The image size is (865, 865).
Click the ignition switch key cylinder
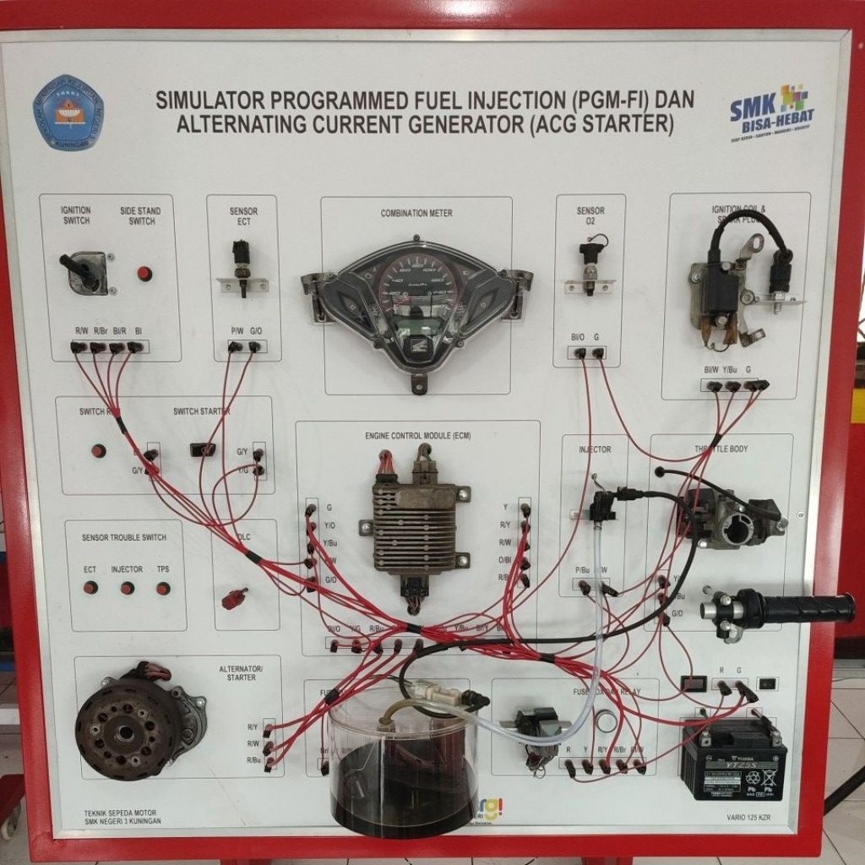pyautogui.click(x=86, y=272)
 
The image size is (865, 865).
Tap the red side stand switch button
pyautogui.click(x=144, y=274)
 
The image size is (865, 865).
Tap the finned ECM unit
pyautogui.click(x=413, y=529)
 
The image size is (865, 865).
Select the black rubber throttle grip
pyautogui.click(x=802, y=609)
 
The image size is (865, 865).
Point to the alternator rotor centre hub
pyautogui.click(x=126, y=729)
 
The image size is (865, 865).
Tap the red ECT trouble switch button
pyautogui.click(x=90, y=588)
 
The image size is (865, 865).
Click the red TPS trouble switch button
pyautogui.click(x=163, y=588)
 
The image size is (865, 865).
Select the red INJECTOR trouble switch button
pyautogui.click(x=127, y=588)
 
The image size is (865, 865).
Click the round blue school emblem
pyautogui.click(x=68, y=112)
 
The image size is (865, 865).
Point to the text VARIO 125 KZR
pyautogui.click(x=748, y=818)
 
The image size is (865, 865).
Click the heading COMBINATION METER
pyautogui.click(x=416, y=213)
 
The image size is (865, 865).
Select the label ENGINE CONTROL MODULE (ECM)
pyautogui.click(x=417, y=436)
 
